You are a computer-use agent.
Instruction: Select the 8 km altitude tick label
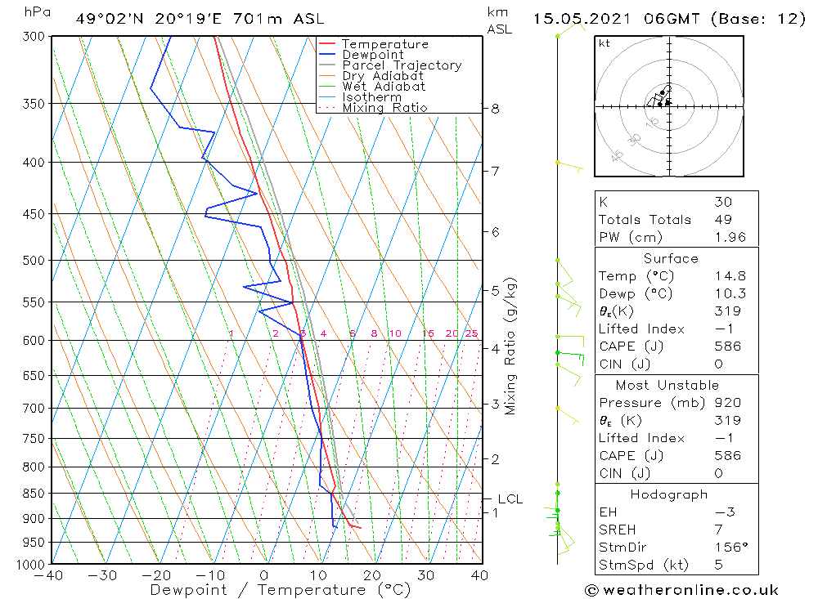coord(496,109)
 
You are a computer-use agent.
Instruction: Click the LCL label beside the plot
coord(510,499)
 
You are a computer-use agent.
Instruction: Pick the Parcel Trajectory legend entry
coord(401,65)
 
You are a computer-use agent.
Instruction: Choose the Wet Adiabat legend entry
coord(383,87)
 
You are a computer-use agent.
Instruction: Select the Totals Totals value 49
coord(722,220)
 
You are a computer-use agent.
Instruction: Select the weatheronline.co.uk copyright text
coord(682,589)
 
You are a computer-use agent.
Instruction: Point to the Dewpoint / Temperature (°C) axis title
coord(281,590)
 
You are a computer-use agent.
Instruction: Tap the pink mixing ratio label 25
coord(471,333)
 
